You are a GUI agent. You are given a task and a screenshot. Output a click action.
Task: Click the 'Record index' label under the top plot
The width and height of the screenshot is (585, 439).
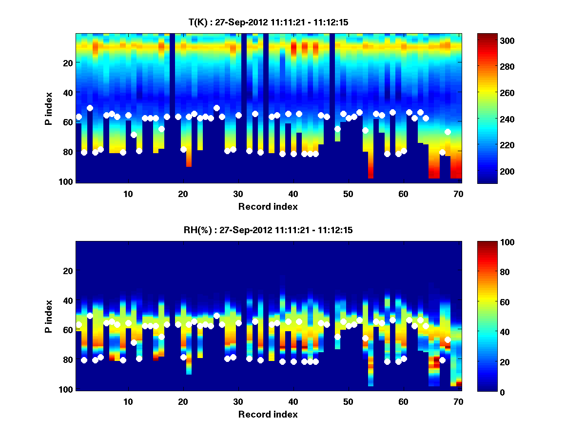coord(268,207)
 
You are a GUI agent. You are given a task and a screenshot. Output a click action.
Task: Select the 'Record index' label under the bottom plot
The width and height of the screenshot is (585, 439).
coord(268,415)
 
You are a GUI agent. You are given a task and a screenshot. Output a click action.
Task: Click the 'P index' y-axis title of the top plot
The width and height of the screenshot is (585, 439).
coord(49,108)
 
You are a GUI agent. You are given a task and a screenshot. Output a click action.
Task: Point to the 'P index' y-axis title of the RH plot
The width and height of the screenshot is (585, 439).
coord(49,316)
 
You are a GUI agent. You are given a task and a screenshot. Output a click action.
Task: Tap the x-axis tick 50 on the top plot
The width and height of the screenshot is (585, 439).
coord(348,194)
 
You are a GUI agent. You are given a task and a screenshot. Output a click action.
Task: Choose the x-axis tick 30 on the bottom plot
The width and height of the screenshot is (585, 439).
coord(238,401)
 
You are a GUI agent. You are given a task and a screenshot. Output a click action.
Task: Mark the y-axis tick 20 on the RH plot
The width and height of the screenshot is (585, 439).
coord(68,271)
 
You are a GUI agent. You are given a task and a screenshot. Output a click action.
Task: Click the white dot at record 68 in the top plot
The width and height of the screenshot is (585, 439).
coord(448,132)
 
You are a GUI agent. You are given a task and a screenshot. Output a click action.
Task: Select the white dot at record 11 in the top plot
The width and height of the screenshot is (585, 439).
coord(134,135)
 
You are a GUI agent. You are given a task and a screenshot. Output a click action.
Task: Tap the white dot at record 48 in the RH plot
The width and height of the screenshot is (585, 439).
coord(337,337)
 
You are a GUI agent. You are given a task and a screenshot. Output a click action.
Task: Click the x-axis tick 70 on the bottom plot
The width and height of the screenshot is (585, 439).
coord(458,401)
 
